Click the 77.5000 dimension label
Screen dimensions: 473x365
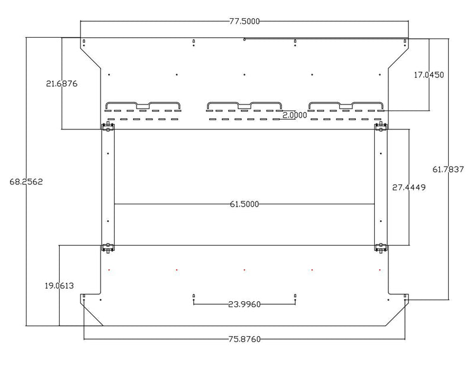(x=244, y=21)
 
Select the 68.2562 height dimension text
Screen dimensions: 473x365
(x=26, y=182)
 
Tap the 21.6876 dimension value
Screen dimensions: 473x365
(x=61, y=83)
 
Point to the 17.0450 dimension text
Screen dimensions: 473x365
(x=429, y=75)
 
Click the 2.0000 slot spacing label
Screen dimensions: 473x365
(x=294, y=115)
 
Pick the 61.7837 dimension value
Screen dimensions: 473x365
(x=448, y=170)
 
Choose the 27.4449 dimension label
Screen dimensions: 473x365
(x=409, y=187)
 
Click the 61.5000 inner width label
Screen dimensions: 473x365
(x=244, y=204)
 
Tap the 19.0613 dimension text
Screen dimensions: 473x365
(x=59, y=286)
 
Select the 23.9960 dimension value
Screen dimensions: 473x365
(x=244, y=304)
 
